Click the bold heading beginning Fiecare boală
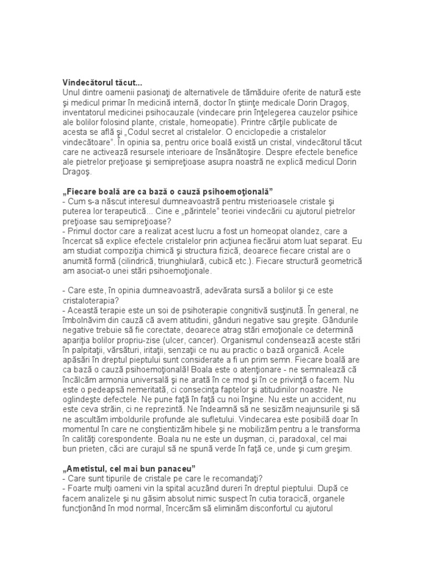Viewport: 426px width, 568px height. pyautogui.click(x=160, y=192)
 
